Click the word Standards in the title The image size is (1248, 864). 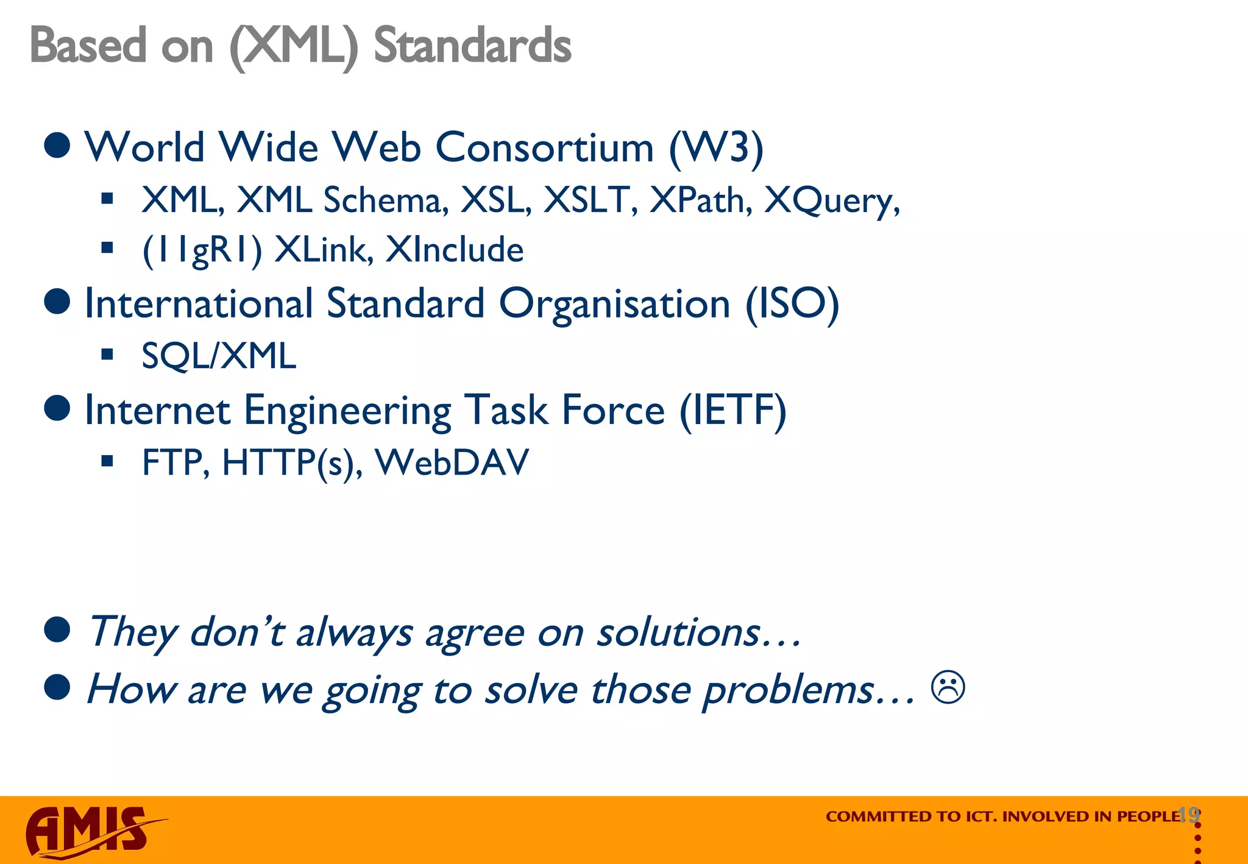point(472,46)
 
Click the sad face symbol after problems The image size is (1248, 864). point(948,688)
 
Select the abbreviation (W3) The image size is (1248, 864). point(716,148)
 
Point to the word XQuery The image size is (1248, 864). point(832,200)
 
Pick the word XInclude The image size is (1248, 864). point(455,249)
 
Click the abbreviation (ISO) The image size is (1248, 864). point(792,304)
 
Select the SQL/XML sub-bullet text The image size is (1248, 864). point(219,356)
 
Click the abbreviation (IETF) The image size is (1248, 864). point(733,410)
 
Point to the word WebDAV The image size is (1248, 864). point(452,462)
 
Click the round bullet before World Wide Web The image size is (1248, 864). point(58,146)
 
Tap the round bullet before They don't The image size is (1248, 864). point(58,630)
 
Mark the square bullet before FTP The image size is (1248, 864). point(108,461)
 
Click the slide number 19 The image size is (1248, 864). point(1188,814)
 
